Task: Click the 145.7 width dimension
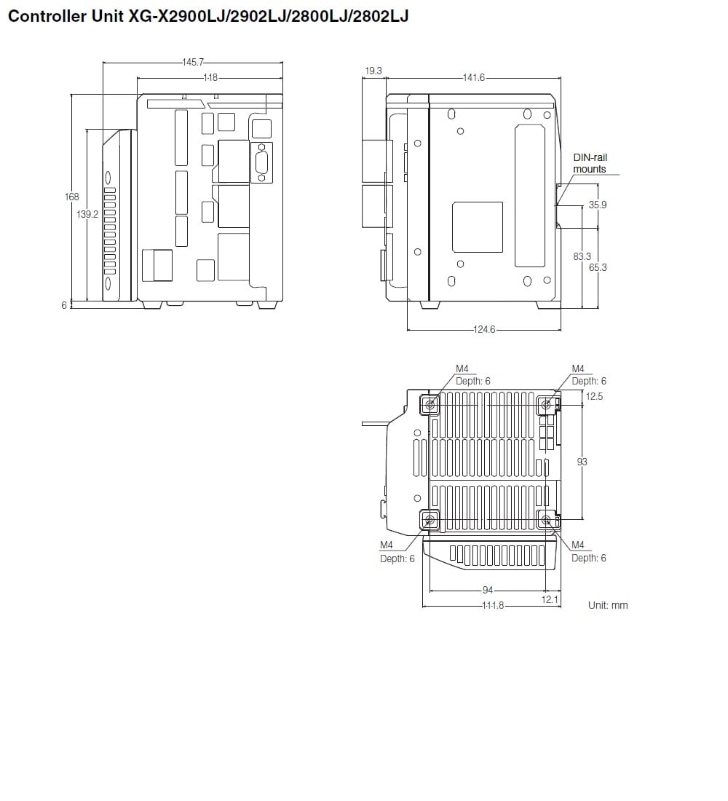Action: click(x=193, y=63)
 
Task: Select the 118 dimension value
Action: click(x=210, y=77)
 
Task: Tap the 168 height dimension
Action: click(x=71, y=197)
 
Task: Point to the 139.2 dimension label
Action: click(x=87, y=214)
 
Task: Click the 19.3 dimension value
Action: click(x=373, y=71)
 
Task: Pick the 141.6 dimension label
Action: click(x=473, y=77)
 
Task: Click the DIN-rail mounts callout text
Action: click(x=590, y=163)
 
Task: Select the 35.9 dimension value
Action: click(x=598, y=205)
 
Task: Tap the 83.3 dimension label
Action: click(x=582, y=256)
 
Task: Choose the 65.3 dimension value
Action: click(x=598, y=267)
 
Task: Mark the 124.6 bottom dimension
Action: click(x=484, y=330)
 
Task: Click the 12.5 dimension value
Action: click(x=594, y=396)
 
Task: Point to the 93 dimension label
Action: click(x=582, y=462)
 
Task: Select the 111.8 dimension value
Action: click(x=492, y=605)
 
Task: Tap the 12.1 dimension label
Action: click(x=550, y=599)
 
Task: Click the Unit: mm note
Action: click(x=607, y=605)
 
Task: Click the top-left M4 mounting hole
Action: click(x=430, y=404)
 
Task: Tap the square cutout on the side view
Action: click(x=478, y=227)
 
